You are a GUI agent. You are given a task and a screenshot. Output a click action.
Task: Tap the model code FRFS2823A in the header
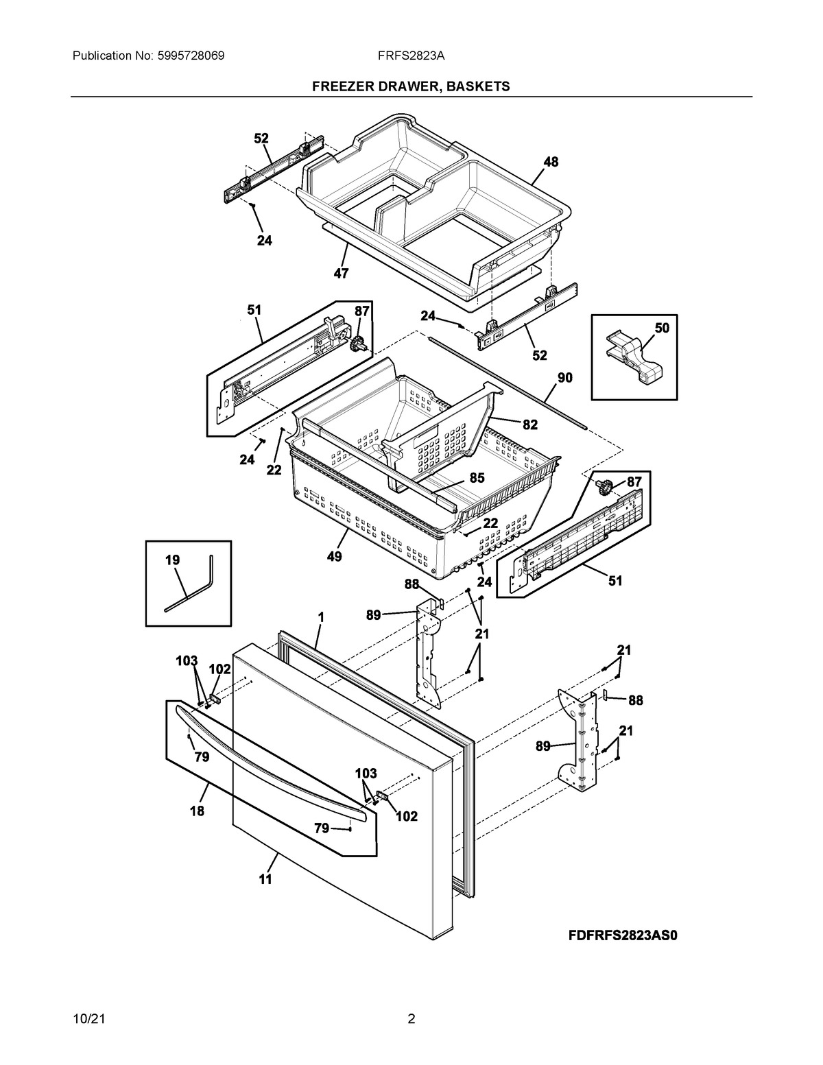[411, 56]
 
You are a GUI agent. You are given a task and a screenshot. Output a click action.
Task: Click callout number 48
[551, 162]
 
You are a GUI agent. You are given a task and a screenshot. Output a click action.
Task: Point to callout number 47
[341, 274]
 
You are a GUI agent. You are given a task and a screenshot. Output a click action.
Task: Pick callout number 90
[564, 377]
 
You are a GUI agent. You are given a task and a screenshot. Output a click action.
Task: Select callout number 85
[477, 478]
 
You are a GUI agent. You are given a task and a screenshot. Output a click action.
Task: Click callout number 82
[529, 424]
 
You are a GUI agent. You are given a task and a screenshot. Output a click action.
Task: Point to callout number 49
[334, 556]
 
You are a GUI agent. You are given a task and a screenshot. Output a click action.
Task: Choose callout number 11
[265, 878]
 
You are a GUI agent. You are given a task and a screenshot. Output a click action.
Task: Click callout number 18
[197, 811]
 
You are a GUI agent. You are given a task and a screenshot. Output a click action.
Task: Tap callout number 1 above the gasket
[320, 617]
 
